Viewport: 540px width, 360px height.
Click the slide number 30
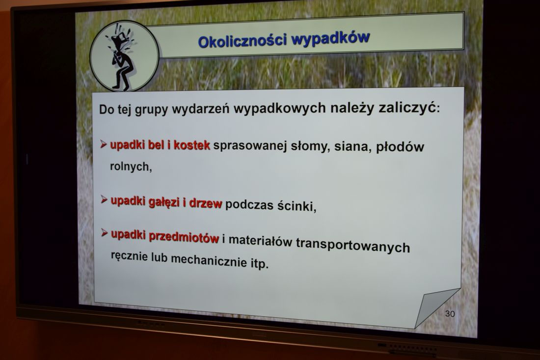[450, 313]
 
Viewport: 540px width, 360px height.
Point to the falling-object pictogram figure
[123, 57]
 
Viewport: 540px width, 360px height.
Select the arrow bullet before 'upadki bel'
[104, 144]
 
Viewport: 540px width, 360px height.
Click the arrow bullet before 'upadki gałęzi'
[104, 199]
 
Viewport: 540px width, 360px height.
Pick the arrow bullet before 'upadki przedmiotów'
[105, 233]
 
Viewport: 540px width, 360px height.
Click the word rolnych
[131, 166]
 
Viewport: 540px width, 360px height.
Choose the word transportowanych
[353, 245]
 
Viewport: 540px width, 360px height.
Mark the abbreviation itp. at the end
[259, 263]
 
